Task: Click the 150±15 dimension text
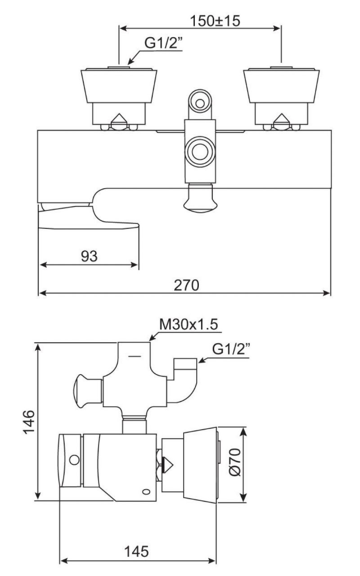tap(215, 21)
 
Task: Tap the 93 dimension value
tap(89, 256)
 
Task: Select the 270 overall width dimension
tap(187, 285)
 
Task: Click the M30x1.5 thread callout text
tap(189, 324)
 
